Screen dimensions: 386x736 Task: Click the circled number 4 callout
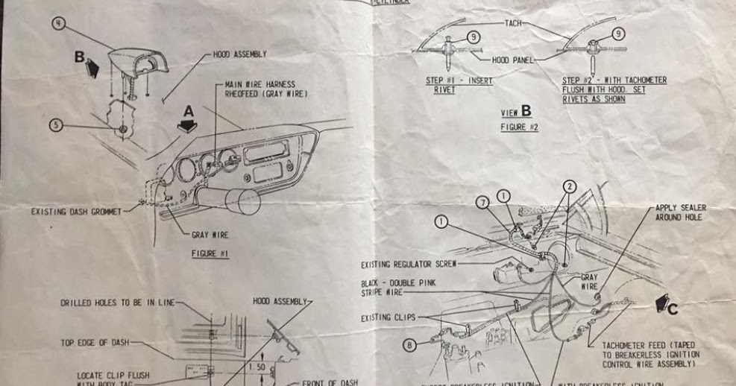click(x=59, y=23)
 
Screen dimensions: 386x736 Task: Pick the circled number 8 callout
click(x=409, y=344)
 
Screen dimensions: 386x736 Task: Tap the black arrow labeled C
click(x=663, y=303)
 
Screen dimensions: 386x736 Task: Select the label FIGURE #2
click(x=519, y=127)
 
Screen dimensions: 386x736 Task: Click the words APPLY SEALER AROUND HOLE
click(x=680, y=212)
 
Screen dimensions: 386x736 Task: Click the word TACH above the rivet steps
click(x=514, y=24)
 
